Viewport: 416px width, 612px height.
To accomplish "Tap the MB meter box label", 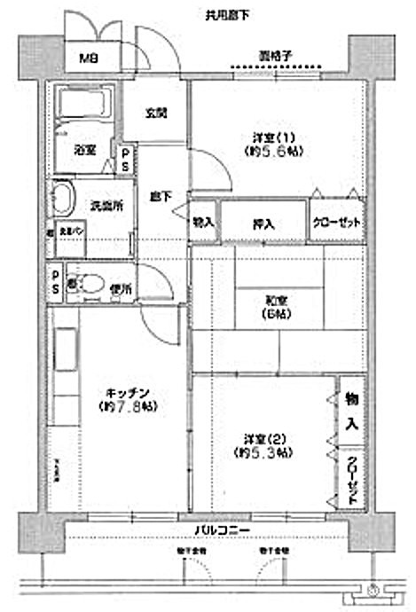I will (x=89, y=59).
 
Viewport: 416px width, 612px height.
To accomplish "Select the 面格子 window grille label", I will (x=277, y=56).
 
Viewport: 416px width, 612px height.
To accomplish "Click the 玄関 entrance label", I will (x=156, y=113).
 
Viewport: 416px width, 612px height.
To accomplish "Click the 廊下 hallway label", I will (x=159, y=196).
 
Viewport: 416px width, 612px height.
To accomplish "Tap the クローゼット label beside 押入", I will (x=336, y=223).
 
